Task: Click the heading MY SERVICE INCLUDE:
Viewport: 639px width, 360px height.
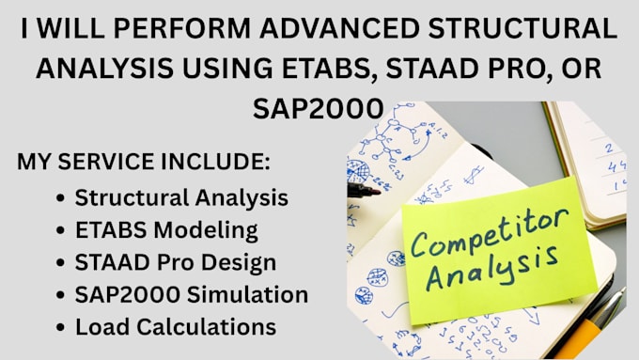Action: click(x=143, y=162)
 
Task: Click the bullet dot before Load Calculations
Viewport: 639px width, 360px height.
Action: click(x=61, y=328)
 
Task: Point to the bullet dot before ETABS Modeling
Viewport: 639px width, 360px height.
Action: click(x=61, y=230)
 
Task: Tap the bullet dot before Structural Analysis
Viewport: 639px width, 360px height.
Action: click(x=61, y=198)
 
